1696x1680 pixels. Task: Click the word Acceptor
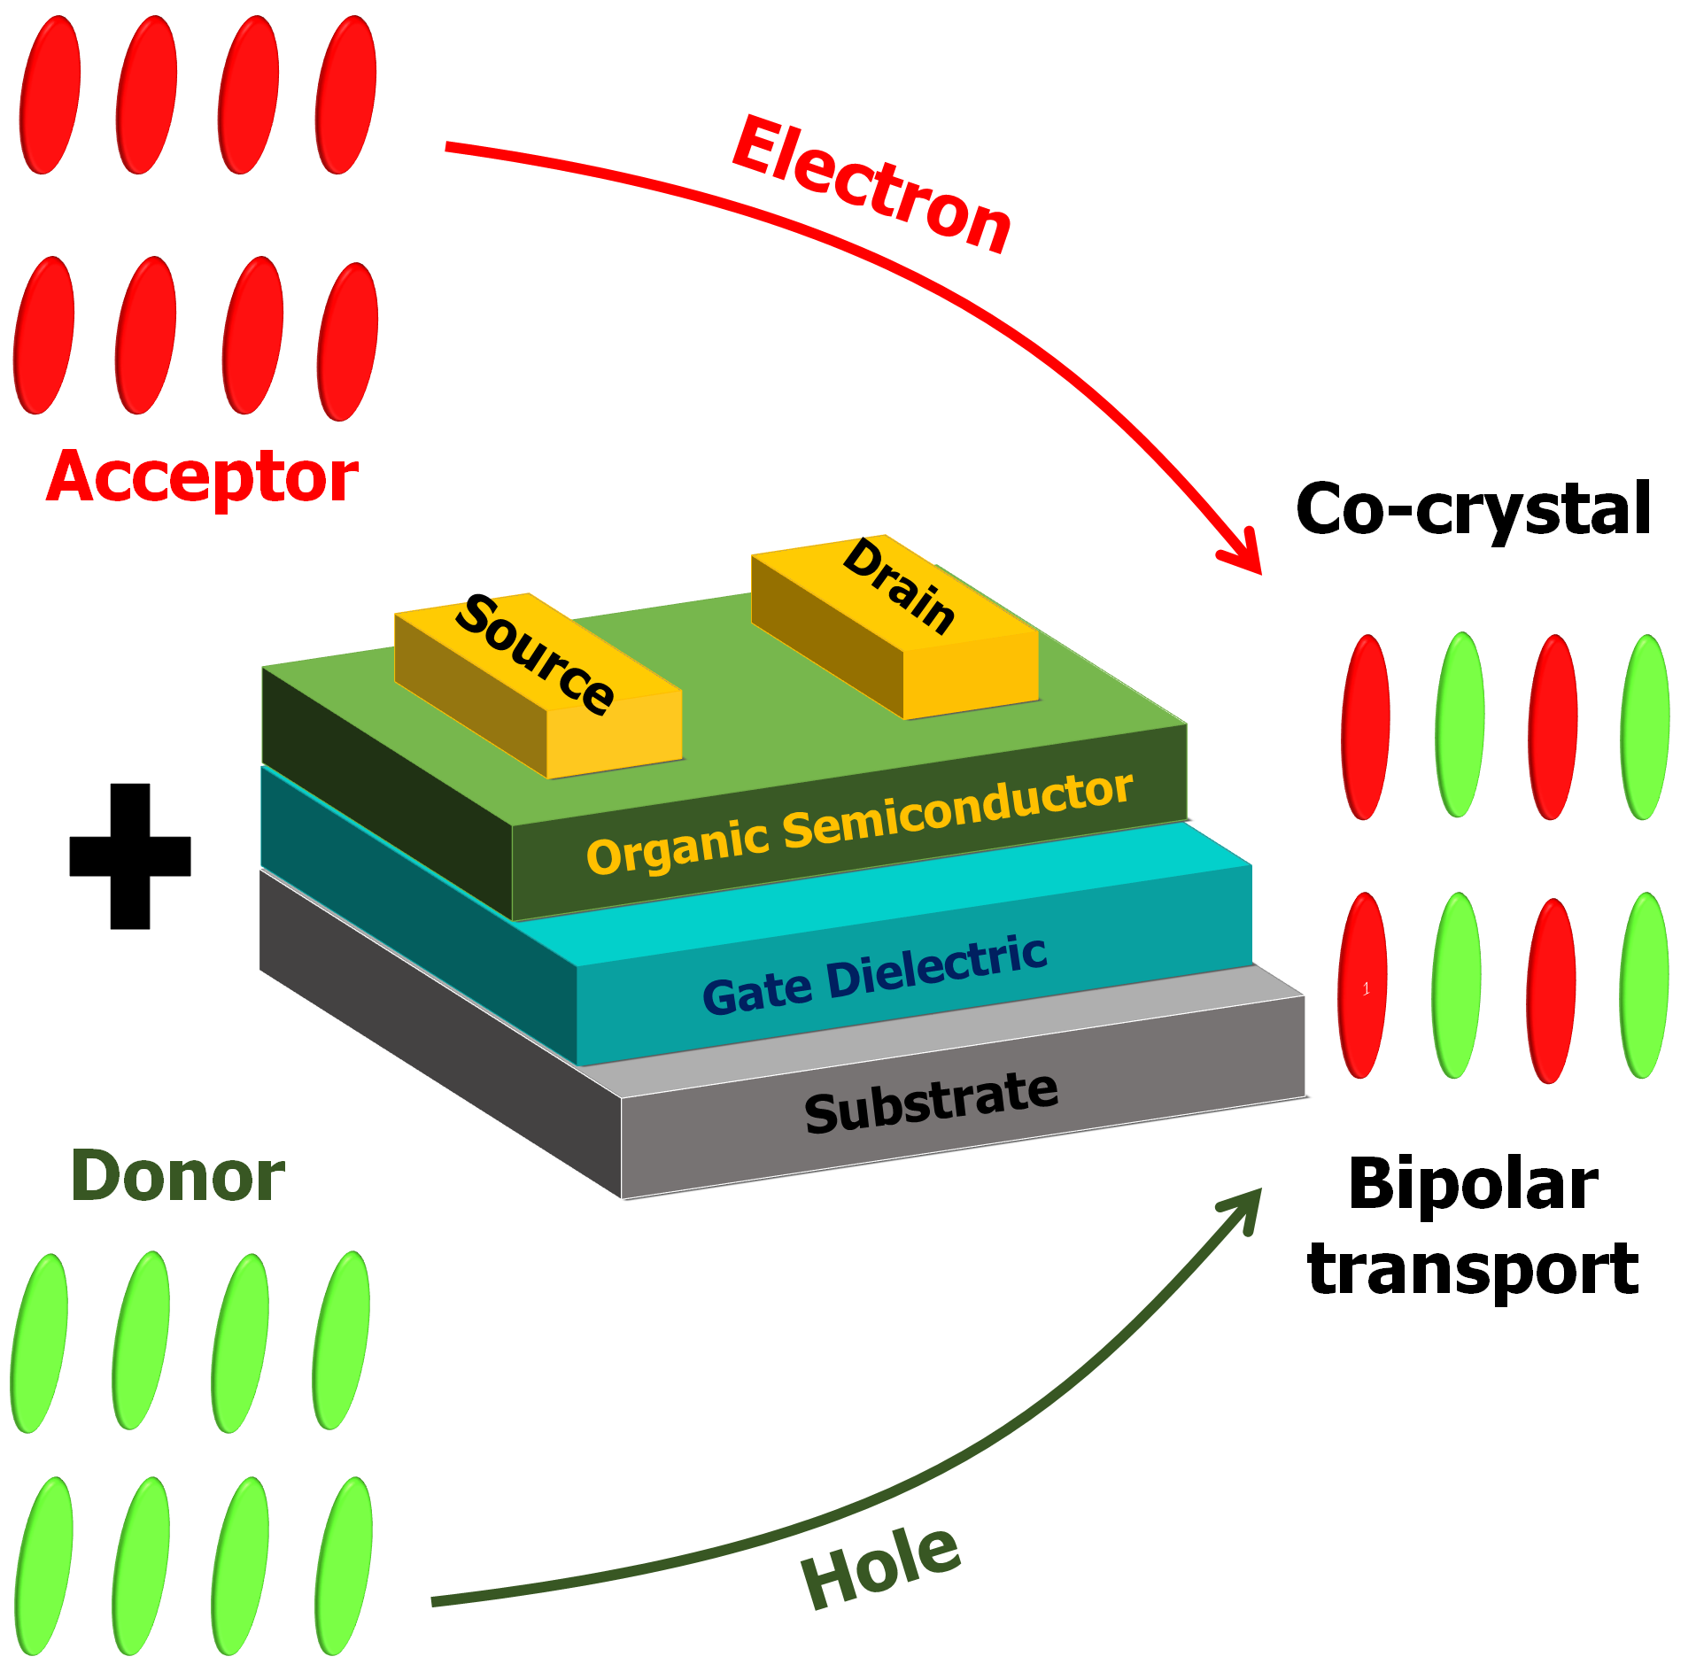202,478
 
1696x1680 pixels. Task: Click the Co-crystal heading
1473,509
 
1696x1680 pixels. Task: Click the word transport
1473,1269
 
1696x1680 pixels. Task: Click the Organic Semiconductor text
859,825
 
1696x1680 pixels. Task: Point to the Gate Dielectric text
874,975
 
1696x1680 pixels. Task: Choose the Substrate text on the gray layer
931,1102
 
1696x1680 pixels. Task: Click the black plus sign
130,855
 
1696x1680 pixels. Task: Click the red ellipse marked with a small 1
1363,986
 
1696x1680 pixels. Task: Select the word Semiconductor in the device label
957,810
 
